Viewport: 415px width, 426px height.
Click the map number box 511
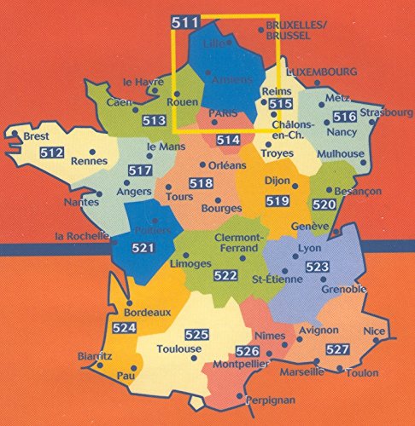coord(181,23)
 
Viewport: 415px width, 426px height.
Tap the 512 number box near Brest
coord(52,153)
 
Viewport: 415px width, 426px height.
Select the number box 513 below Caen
coord(155,120)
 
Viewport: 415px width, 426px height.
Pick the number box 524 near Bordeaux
coord(125,327)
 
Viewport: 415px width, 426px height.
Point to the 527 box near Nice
coord(338,349)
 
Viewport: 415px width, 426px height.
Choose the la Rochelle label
coord(81,235)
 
